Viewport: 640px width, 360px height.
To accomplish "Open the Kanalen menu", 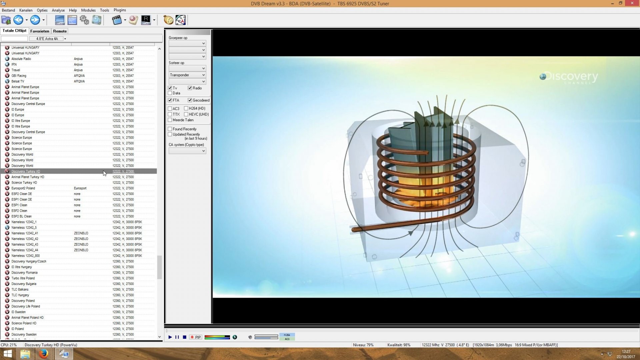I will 26,10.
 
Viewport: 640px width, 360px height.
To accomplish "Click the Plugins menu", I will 120,10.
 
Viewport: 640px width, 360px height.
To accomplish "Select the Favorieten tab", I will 40,31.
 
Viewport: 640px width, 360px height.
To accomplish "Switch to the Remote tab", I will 60,31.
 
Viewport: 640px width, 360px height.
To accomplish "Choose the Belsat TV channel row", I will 18,81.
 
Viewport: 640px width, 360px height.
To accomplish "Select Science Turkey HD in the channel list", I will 24,183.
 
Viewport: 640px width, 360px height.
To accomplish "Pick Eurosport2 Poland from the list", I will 23,188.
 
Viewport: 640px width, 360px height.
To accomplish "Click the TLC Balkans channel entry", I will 20,289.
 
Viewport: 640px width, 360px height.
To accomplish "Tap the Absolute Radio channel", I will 21,59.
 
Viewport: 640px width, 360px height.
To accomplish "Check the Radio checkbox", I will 190,88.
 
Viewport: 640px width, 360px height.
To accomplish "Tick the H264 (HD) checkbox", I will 186,108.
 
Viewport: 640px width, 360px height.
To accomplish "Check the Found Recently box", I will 170,129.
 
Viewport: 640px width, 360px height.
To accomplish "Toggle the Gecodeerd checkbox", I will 190,100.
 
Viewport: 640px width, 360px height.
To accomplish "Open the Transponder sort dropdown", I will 187,75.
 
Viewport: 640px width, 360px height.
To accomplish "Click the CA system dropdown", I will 187,151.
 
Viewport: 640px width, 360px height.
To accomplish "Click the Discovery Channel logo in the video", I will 569,77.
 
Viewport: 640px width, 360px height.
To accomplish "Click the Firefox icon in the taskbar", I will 43,354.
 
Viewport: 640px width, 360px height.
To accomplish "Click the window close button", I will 632,3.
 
